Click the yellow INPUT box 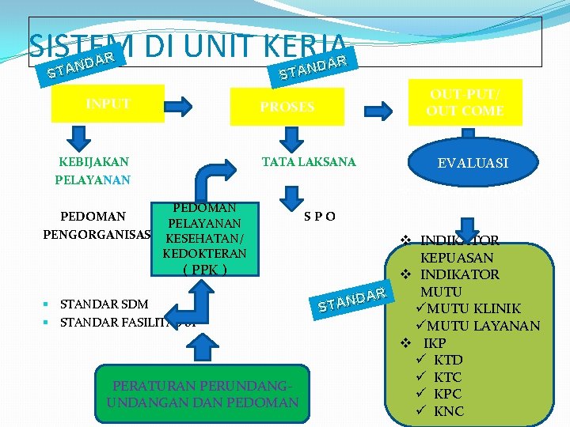108,104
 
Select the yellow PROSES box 287,106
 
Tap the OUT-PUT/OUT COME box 465,103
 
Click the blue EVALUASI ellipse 473,164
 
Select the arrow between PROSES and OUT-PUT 386,105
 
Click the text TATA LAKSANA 309,162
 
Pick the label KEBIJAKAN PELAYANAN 93,171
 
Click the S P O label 320,217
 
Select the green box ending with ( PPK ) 204,237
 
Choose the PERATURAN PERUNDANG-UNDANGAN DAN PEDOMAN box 203,394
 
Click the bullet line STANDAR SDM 104,304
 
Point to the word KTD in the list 448,361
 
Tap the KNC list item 449,411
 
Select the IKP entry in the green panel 435,343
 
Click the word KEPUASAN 457,258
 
